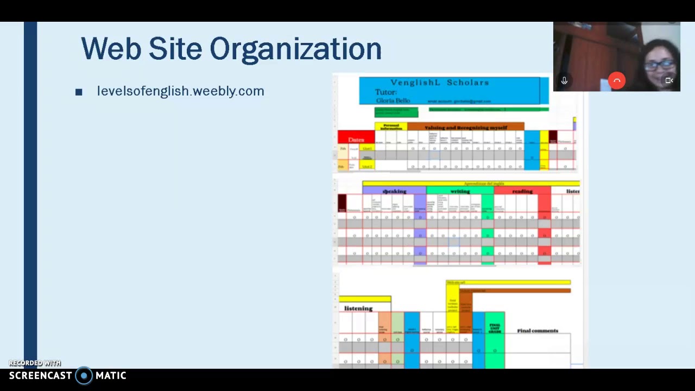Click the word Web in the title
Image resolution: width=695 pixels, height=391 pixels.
coord(111,49)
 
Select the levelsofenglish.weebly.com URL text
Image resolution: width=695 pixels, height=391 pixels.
coord(180,91)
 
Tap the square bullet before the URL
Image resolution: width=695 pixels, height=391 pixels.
coord(79,92)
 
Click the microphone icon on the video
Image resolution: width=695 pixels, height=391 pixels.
coord(564,81)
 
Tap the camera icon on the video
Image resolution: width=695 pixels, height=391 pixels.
coord(669,81)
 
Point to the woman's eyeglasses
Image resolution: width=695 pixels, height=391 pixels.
coord(659,65)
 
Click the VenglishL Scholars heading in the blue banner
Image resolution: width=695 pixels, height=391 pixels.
coord(439,83)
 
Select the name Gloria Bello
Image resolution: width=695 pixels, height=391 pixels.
coord(392,101)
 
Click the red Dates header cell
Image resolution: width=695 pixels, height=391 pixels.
coord(356,140)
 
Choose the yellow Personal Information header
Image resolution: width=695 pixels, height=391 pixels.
coord(390,127)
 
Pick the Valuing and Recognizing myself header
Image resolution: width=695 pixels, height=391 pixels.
coord(465,128)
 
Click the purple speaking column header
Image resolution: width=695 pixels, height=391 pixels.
coord(394,191)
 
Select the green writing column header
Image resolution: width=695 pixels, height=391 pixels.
coord(460,191)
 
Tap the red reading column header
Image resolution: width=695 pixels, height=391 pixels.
coord(522,191)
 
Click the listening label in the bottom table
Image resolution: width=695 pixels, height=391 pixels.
coord(358,308)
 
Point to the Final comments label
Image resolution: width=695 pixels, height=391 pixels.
coord(538,331)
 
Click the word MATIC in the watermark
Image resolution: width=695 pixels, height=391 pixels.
coord(111,376)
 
